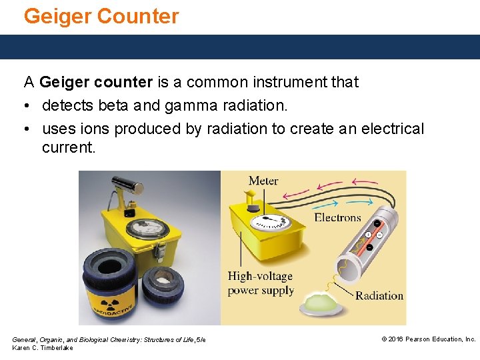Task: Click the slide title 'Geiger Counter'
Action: pyautogui.click(x=101, y=16)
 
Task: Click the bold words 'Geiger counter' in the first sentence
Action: pyautogui.click(x=96, y=82)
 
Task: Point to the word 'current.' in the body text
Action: pyautogui.click(x=69, y=147)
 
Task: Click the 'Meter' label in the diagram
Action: pyautogui.click(x=263, y=181)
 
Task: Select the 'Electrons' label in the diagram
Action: pyautogui.click(x=337, y=217)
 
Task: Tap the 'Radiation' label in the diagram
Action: pyautogui.click(x=379, y=295)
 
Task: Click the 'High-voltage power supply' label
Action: pyautogui.click(x=260, y=283)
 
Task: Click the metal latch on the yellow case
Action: pyautogui.click(x=159, y=252)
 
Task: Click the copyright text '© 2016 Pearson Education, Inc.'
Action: pyautogui.click(x=428, y=339)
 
